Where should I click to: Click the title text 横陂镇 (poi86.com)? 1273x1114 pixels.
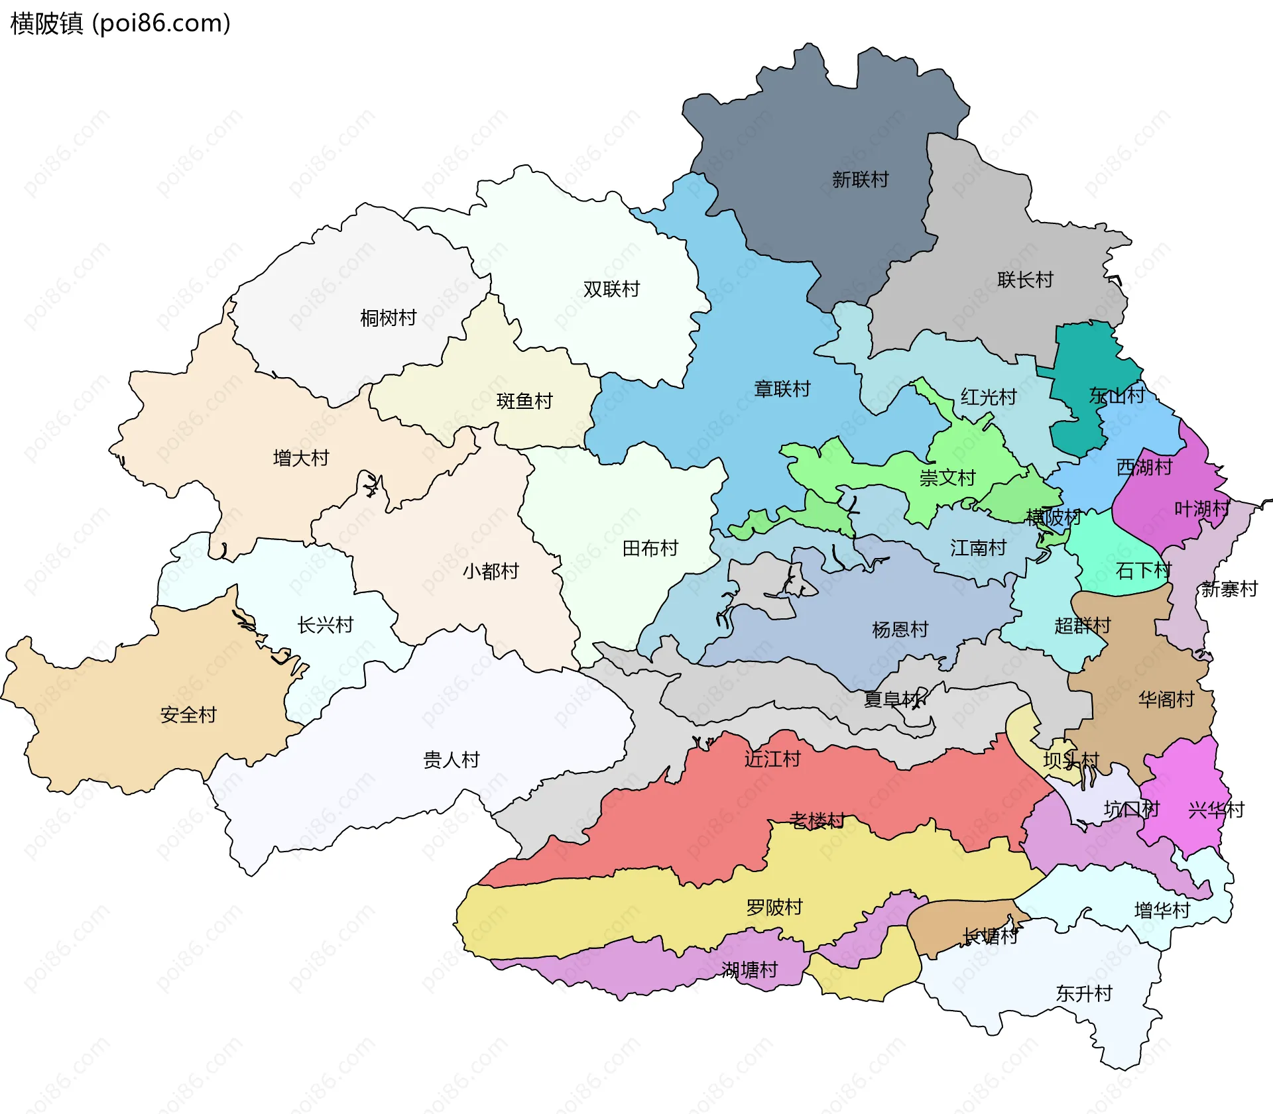(120, 23)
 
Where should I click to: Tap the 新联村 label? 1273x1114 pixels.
(860, 179)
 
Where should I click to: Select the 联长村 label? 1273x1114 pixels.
(1025, 280)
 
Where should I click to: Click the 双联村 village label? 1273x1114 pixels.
(611, 289)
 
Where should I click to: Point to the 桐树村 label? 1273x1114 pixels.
(388, 318)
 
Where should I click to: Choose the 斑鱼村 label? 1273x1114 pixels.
(524, 401)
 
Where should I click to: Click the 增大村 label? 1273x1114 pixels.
(301, 458)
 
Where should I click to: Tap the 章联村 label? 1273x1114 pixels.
(782, 389)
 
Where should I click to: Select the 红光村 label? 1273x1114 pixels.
(989, 397)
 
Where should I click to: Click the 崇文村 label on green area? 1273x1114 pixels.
(947, 478)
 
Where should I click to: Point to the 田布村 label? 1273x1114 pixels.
(650, 548)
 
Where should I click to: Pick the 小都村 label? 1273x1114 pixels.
(491, 571)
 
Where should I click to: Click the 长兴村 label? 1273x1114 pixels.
(326, 625)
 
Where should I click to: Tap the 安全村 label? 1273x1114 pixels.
(188, 715)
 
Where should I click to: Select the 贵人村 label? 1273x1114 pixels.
(452, 759)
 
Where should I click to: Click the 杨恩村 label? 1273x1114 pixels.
(900, 630)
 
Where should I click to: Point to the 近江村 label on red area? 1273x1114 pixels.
(772, 759)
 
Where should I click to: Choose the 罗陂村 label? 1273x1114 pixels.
(774, 907)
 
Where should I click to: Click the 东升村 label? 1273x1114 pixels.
(1084, 993)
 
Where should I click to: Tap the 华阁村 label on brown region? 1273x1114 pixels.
(1166, 699)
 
